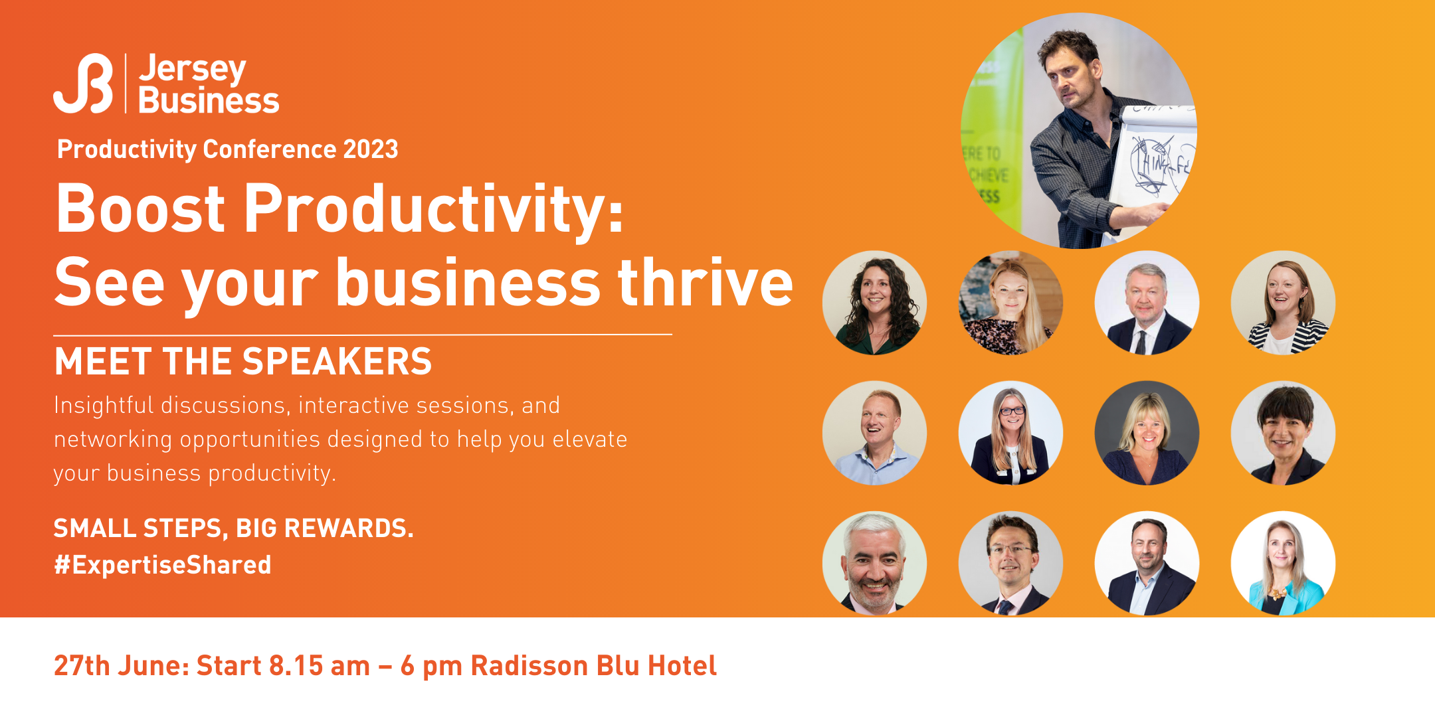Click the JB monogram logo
pyautogui.click(x=83, y=83)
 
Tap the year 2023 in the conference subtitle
pyautogui.click(x=371, y=149)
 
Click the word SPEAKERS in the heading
pyautogui.click(x=337, y=361)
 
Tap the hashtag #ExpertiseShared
pyautogui.click(x=163, y=565)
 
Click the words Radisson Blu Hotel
pyautogui.click(x=594, y=665)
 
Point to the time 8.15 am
pyautogui.click(x=320, y=665)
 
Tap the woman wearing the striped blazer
pyautogui.click(x=1283, y=303)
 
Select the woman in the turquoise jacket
pyautogui.click(x=1283, y=563)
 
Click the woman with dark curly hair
pyautogui.click(x=874, y=303)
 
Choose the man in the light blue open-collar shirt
pyautogui.click(x=874, y=433)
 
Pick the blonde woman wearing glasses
pyautogui.click(x=1010, y=433)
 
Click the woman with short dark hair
pyautogui.click(x=1283, y=433)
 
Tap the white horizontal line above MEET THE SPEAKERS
pyautogui.click(x=363, y=335)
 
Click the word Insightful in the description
pyautogui.click(x=104, y=405)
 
